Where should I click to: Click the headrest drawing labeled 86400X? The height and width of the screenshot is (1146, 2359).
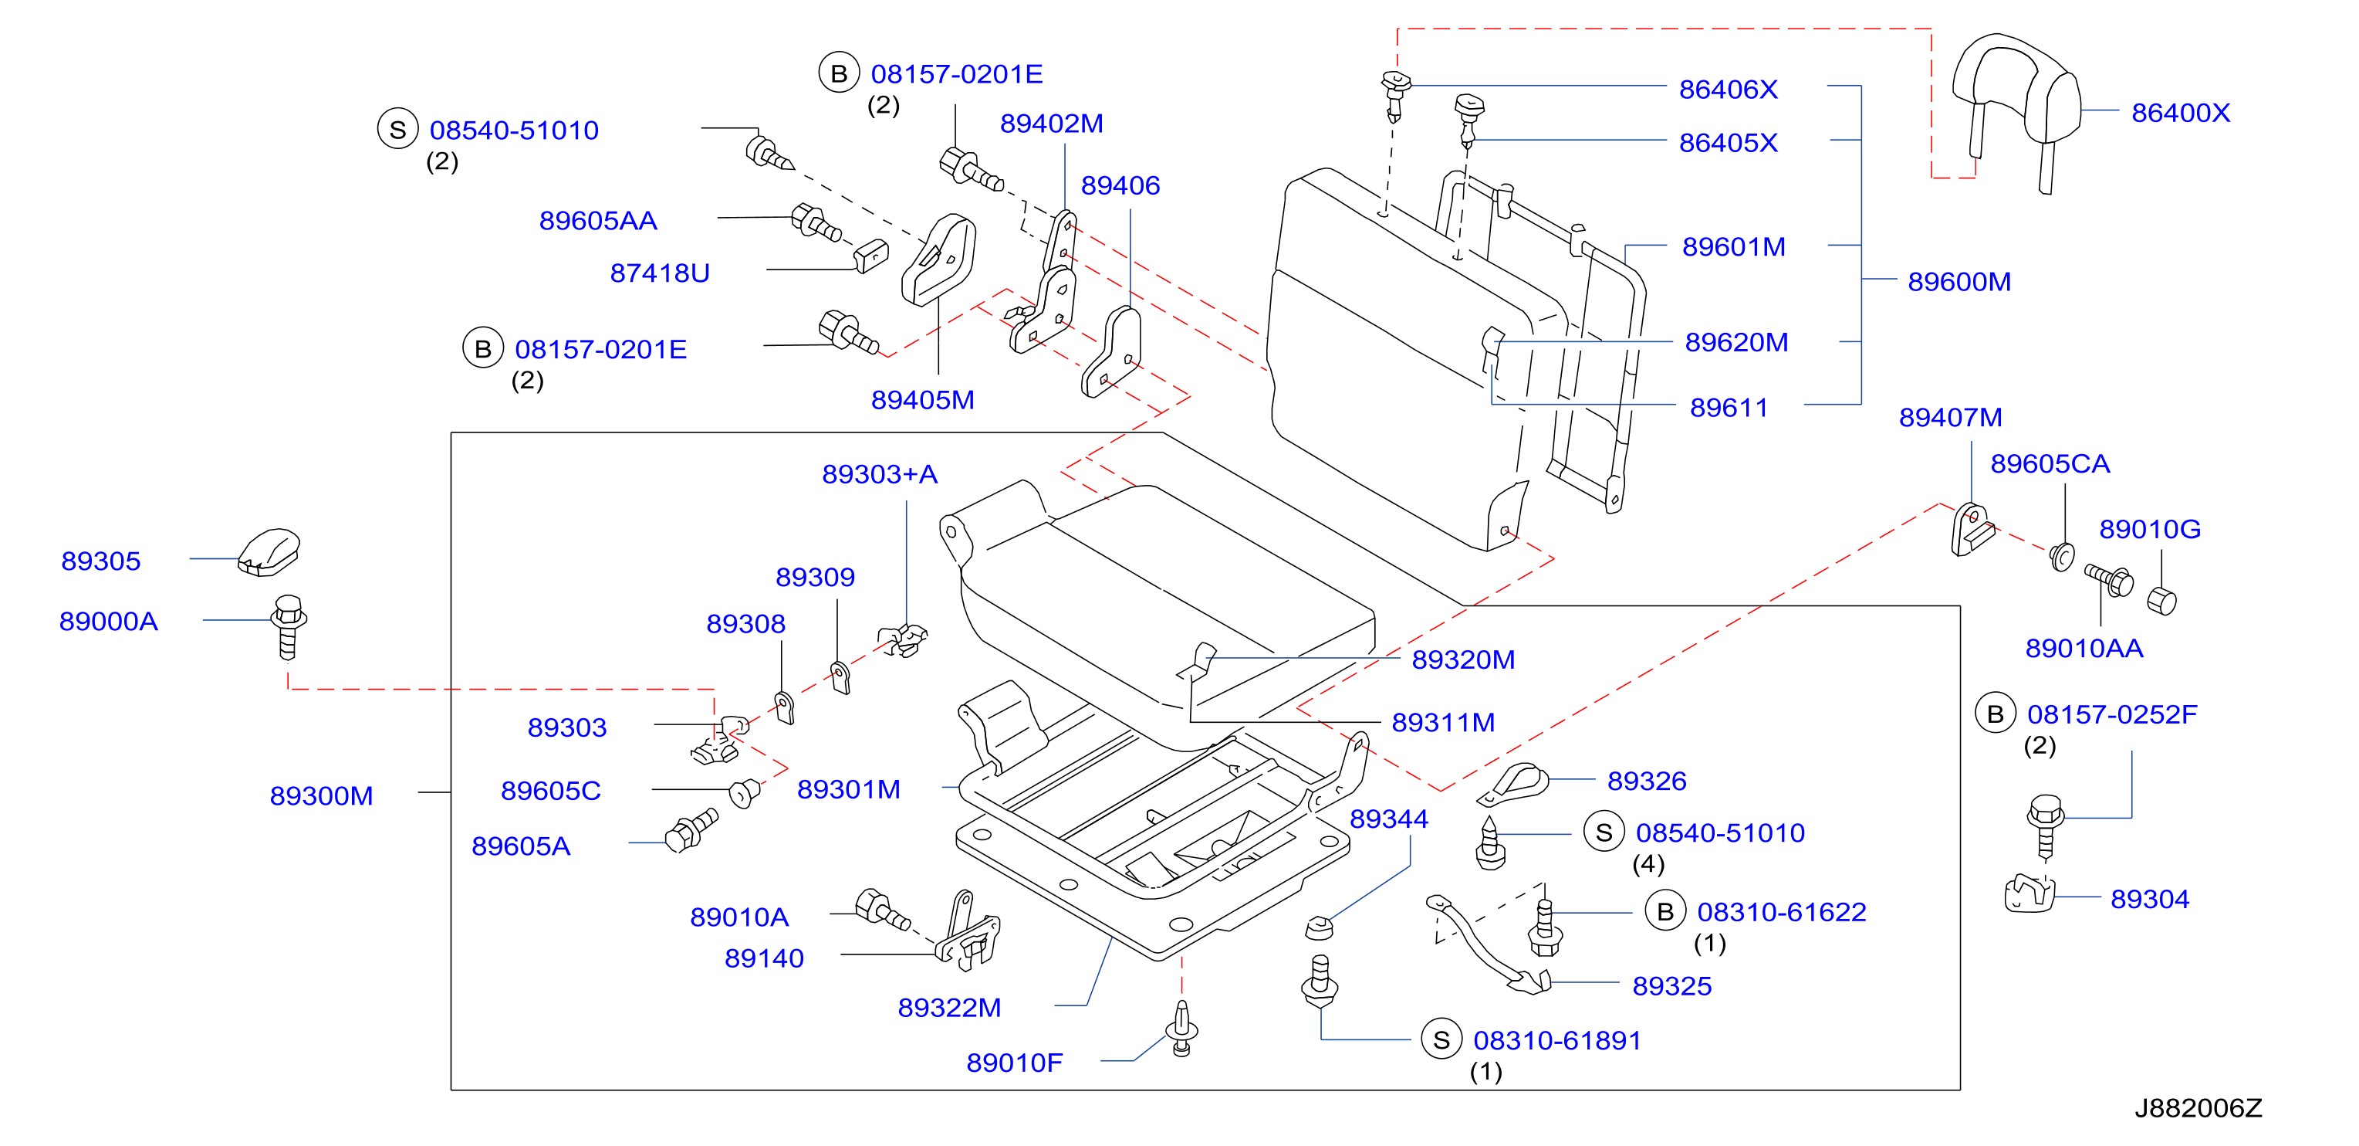click(x=2015, y=100)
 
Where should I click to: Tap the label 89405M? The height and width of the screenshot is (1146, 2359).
click(x=922, y=399)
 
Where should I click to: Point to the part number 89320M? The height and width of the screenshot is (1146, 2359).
click(x=1462, y=659)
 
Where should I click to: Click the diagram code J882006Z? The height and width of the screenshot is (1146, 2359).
click(x=2198, y=1108)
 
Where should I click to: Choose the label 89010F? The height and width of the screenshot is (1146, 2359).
click(x=1014, y=1063)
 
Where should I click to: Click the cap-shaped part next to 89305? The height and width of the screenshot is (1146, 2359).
click(x=269, y=552)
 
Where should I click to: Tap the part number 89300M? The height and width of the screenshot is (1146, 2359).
click(x=322, y=795)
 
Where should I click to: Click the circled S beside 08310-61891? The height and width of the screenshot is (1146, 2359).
click(x=1441, y=1039)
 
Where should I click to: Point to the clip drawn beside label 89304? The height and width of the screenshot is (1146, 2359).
click(x=2029, y=894)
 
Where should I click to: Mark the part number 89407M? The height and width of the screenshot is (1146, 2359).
click(x=1951, y=417)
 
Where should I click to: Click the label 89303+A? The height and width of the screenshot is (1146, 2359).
click(x=879, y=473)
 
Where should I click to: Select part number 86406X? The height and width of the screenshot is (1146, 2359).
click(x=1728, y=89)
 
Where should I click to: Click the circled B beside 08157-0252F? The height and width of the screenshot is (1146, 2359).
click(x=1996, y=714)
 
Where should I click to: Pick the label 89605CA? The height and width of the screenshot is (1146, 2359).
click(x=2050, y=463)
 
